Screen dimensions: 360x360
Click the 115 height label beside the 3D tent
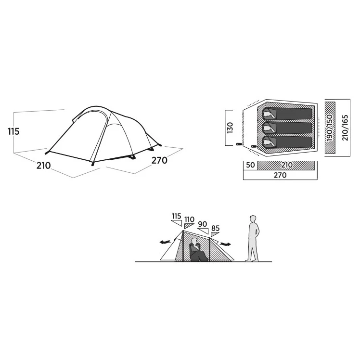[13, 131]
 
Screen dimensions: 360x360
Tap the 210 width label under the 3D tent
[43, 166]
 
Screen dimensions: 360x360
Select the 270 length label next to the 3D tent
[159, 160]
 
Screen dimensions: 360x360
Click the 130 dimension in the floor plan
[230, 128]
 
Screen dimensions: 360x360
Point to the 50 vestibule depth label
[250, 165]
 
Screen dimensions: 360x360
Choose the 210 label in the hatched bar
[287, 165]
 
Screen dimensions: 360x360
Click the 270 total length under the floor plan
[280, 175]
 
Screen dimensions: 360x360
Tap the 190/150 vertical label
[330, 128]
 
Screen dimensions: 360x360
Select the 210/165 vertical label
[345, 128]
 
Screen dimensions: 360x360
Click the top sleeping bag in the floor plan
[287, 114]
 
